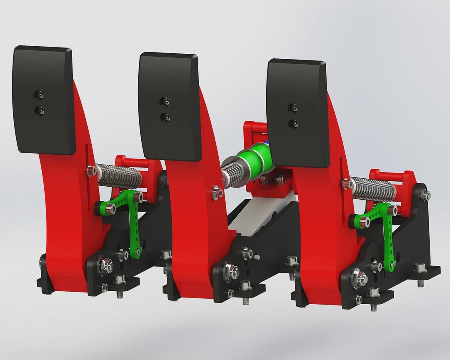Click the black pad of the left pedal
44,100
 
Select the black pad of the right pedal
298,112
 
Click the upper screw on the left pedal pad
39,96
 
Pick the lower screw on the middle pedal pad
166,117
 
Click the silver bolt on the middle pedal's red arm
216,192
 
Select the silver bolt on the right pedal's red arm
345,183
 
